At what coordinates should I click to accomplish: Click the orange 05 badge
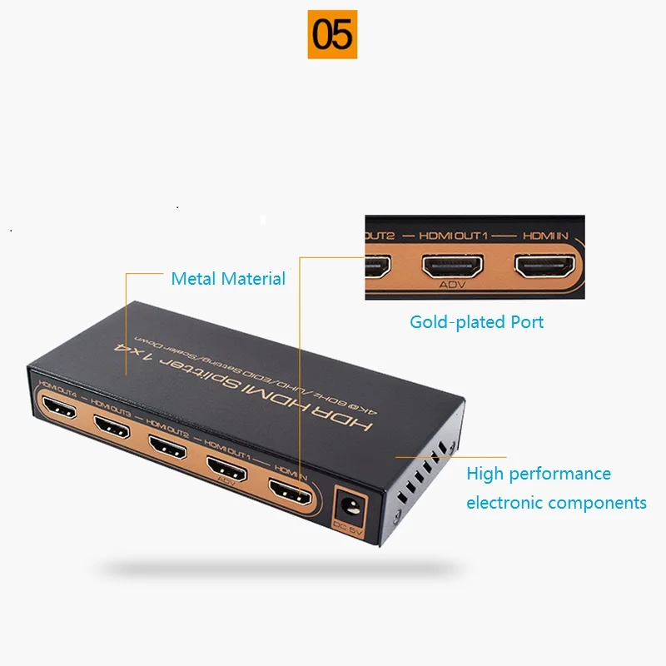[x=332, y=34]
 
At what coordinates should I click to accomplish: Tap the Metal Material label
[x=228, y=279]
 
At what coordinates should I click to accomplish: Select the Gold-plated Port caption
[x=476, y=321]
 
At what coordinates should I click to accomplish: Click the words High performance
[x=538, y=474]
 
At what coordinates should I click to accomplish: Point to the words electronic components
[x=556, y=502]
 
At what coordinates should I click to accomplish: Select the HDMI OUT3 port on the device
[x=112, y=426]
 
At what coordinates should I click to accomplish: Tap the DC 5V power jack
[x=346, y=507]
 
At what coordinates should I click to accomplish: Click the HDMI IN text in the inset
[x=544, y=236]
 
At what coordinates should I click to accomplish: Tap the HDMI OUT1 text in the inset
[x=455, y=236]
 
